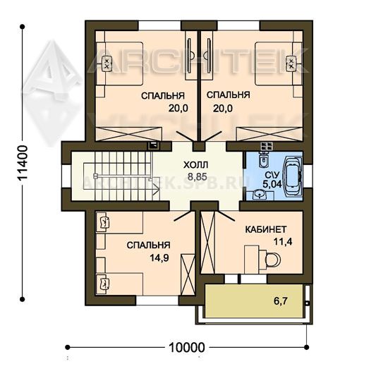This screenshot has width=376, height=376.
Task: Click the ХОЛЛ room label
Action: (196, 165)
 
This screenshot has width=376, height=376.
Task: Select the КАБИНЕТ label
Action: (266, 229)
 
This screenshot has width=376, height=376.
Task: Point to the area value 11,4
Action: (283, 242)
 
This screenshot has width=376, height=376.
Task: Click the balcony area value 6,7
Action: (280, 301)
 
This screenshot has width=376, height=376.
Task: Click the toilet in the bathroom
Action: (264, 159)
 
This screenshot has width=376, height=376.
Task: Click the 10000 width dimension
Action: (187, 348)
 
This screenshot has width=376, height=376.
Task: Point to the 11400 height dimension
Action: (23, 163)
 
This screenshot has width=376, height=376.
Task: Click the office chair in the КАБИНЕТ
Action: (272, 259)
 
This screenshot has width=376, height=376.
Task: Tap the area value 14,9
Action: (159, 258)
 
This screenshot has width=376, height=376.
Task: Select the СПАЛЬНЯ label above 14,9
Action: (149, 245)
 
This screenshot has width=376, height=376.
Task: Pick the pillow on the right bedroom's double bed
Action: (291, 63)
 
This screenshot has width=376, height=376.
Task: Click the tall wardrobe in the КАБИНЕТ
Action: (207, 241)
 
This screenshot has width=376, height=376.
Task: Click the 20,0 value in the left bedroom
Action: (178, 109)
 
